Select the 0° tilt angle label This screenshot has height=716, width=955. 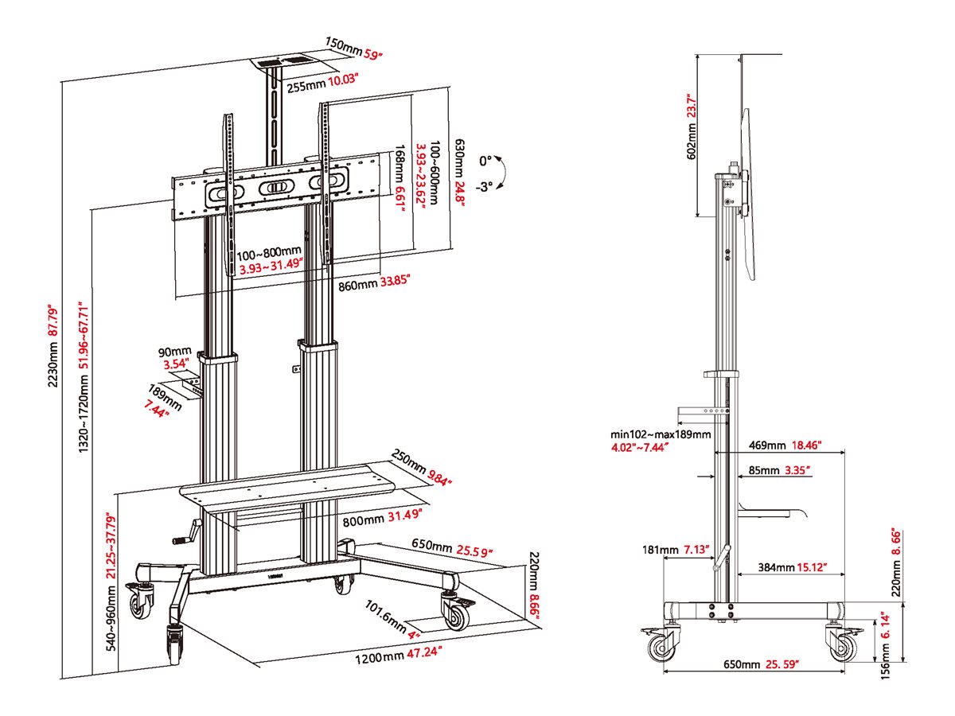(x=486, y=160)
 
